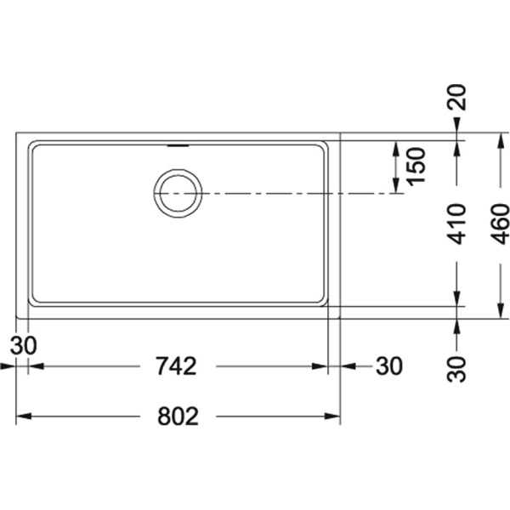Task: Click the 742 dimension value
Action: [x=176, y=366]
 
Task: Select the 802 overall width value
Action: [x=178, y=416]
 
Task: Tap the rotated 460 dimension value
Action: [x=500, y=224]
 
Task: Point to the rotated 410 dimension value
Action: [x=456, y=224]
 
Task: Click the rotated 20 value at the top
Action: [x=456, y=97]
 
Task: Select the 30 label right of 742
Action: [x=389, y=366]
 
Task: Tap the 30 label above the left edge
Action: [x=24, y=345]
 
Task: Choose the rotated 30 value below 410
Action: [x=456, y=369]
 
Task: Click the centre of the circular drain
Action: [x=178, y=193]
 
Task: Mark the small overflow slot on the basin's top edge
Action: [x=178, y=146]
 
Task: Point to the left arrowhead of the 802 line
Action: [x=24, y=416]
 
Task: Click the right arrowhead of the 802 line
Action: [x=332, y=416]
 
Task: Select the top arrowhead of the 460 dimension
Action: [x=500, y=140]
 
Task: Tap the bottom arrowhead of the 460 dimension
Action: [x=500, y=310]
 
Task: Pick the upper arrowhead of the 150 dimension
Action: [x=396, y=149]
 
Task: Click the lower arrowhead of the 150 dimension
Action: [x=396, y=185]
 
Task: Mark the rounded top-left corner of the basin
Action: [x=33, y=145]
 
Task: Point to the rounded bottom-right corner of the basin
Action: [x=322, y=302]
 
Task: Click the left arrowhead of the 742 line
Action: [x=36, y=366]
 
